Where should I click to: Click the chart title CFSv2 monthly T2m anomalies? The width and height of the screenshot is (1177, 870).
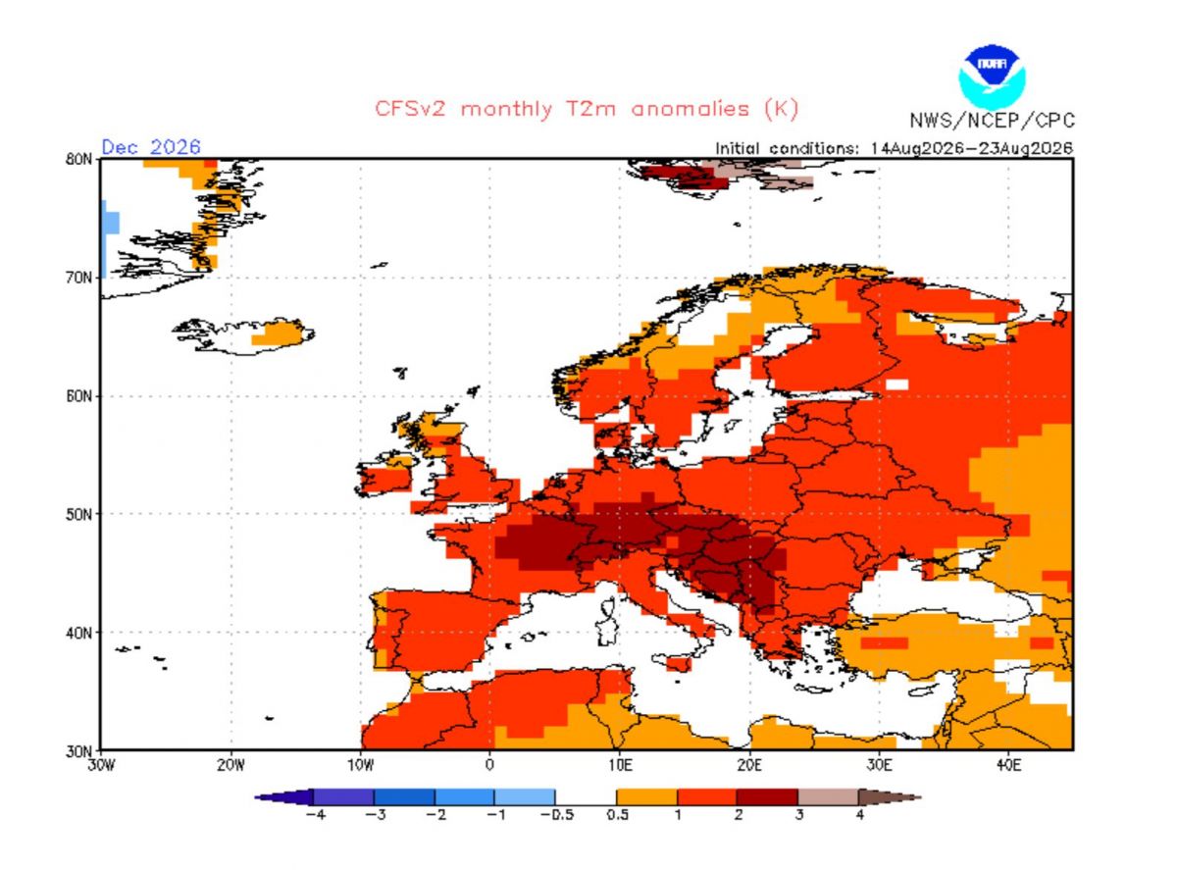[x=587, y=109]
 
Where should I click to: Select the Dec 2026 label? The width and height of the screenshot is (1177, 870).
[x=151, y=146]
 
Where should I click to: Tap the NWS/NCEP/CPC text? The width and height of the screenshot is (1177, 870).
[x=993, y=121]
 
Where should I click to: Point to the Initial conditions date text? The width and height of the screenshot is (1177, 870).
[x=895, y=148]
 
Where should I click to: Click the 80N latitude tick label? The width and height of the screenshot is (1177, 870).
[x=79, y=160]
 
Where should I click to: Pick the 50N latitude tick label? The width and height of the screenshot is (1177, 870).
[x=79, y=514]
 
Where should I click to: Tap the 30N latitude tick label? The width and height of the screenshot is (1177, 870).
[x=79, y=751]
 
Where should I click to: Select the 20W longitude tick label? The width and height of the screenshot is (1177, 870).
[x=230, y=765]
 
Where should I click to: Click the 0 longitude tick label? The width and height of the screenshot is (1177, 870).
[x=489, y=765]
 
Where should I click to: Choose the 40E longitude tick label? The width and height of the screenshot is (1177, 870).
[x=1008, y=765]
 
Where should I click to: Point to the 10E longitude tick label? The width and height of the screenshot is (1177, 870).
[x=619, y=765]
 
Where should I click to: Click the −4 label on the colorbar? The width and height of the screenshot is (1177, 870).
[x=316, y=815]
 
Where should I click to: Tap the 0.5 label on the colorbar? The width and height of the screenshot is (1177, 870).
[x=618, y=815]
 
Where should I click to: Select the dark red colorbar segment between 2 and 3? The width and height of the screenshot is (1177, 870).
[x=767, y=796]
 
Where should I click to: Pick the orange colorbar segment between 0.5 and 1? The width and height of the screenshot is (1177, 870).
[x=647, y=796]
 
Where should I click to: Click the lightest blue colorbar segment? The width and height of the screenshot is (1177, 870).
[x=525, y=796]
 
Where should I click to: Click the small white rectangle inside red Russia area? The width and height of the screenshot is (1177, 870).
[x=896, y=384]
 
